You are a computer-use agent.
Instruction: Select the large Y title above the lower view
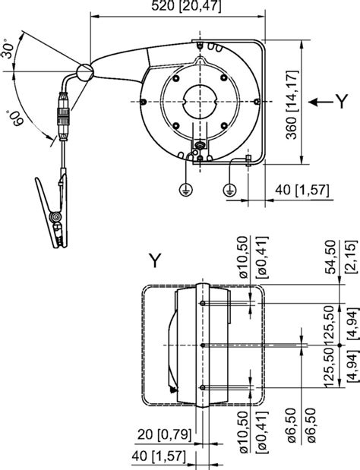tap(155, 261)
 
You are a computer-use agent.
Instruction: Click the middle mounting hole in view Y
tap(203, 345)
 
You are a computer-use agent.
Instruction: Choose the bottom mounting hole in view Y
tap(203, 387)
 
